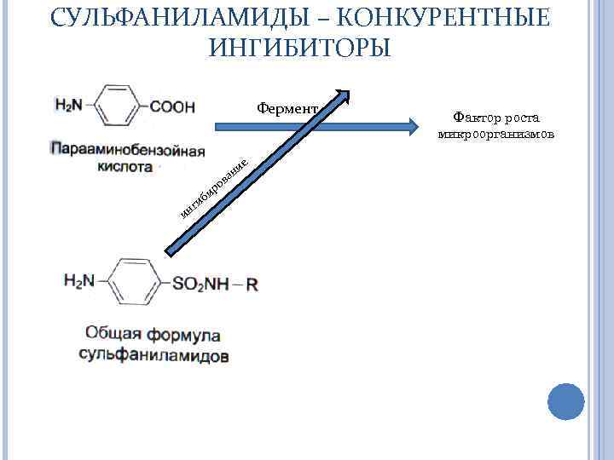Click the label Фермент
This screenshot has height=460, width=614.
coord(287,109)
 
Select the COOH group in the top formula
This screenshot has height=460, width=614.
coord(173,106)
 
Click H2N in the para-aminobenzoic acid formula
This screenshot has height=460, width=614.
coord(68,106)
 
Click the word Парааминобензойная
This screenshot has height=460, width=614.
coord(128,152)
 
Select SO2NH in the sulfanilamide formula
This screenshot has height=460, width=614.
coord(200,284)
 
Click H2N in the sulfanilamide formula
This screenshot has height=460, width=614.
coord(78,280)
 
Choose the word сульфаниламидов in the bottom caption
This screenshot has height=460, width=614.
coord(154,354)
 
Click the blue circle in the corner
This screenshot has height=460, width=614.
coord(565,400)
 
